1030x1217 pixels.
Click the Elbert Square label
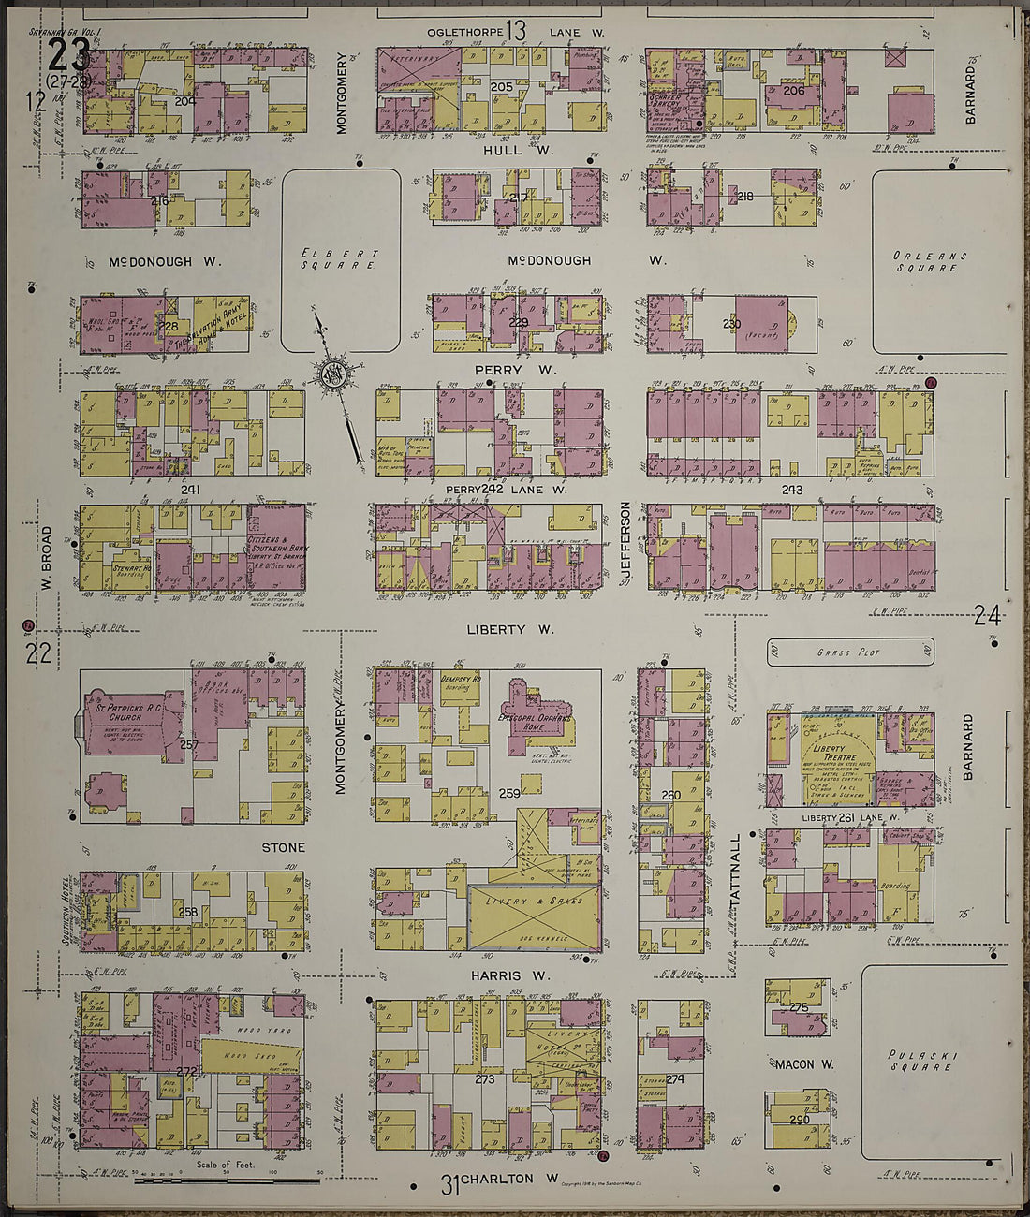coord(340,259)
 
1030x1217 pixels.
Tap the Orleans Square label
coord(930,261)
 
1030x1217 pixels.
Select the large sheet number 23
coord(68,57)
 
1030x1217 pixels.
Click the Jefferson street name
coord(625,544)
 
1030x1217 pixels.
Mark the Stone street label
coord(283,848)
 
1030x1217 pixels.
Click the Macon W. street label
coord(803,1064)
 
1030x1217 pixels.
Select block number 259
coord(509,793)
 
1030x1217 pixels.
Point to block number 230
coord(731,324)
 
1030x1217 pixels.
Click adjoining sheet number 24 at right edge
coord(987,615)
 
